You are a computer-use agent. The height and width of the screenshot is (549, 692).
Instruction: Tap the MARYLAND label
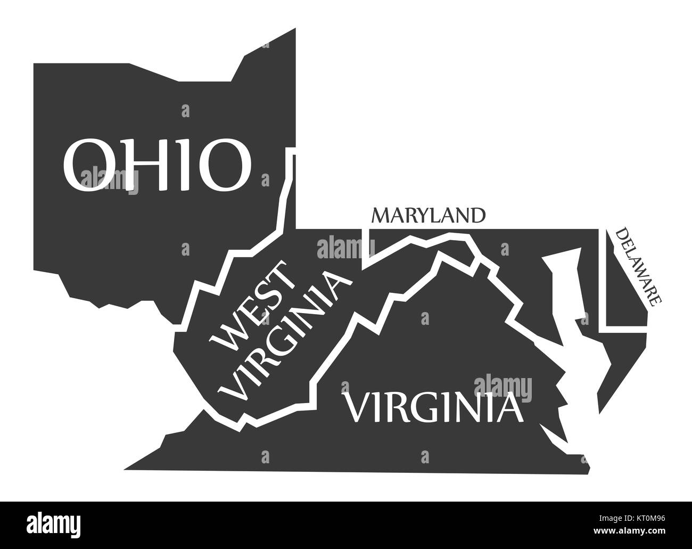click(429, 215)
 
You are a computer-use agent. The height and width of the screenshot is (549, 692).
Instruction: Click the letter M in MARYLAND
click(382, 216)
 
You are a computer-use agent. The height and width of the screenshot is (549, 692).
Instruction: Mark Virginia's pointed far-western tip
click(130, 468)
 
